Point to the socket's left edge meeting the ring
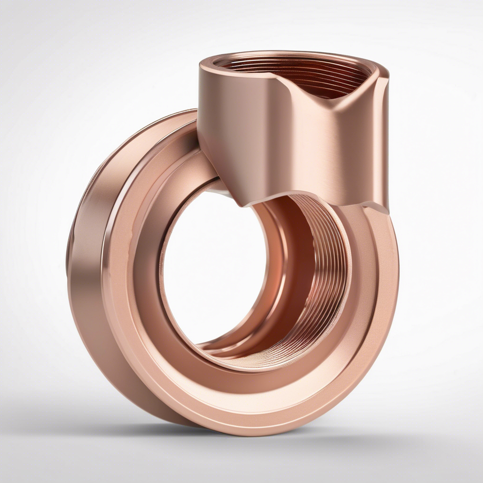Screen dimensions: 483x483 point(200,142)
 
